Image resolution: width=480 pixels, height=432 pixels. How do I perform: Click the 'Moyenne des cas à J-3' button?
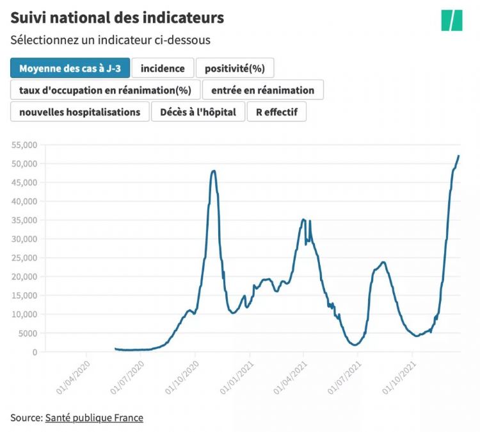[70, 68]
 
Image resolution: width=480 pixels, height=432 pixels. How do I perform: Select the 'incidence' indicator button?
[163, 68]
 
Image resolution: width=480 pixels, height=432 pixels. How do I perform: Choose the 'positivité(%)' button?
[235, 68]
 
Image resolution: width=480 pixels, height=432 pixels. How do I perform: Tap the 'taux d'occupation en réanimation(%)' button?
[106, 90]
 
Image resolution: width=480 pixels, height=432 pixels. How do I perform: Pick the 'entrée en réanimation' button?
[262, 90]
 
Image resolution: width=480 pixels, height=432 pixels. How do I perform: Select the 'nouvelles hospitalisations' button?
[79, 112]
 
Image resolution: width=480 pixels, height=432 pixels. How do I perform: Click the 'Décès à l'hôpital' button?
[198, 112]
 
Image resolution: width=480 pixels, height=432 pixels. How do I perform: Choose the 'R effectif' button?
[276, 112]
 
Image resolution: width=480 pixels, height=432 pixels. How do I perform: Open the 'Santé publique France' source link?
[94, 418]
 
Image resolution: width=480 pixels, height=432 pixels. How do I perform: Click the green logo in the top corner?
[451, 20]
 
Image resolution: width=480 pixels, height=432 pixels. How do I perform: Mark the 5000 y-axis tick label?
[28, 333]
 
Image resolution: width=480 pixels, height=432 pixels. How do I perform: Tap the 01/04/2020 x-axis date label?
[75, 378]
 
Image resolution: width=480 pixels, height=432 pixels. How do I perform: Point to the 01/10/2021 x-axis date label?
[401, 378]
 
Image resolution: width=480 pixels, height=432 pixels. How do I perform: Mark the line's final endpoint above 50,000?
[459, 156]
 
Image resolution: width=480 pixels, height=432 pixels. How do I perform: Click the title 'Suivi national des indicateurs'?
[117, 17]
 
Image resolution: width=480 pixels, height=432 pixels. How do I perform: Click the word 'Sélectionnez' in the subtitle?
[41, 40]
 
